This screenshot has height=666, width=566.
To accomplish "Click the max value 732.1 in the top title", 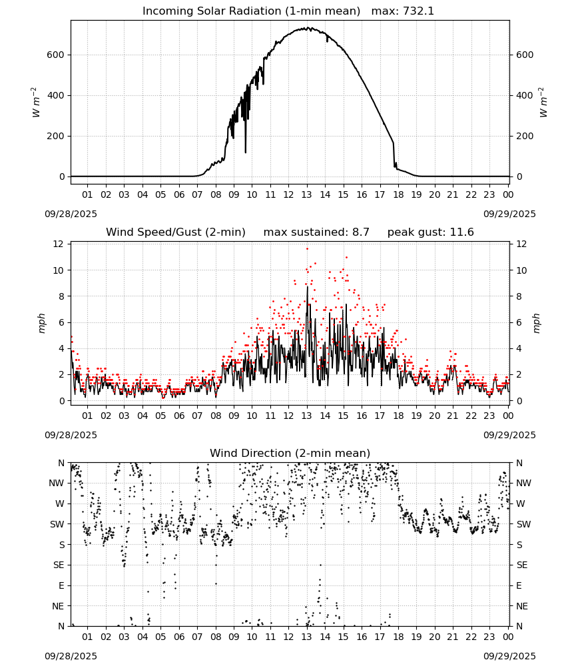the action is pos(418,11).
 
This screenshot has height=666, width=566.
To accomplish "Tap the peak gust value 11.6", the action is pos(461,232).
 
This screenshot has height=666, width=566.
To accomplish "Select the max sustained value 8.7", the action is pos(360,232).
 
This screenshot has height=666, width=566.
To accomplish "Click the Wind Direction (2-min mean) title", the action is pos(290,453).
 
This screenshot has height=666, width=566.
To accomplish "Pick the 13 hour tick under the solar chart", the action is pos(306,194).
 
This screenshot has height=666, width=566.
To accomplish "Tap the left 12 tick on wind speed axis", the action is pos(59,244).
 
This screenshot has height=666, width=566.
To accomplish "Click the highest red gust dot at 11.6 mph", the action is pos(307,249).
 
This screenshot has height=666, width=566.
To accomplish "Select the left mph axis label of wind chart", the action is pos(41,323).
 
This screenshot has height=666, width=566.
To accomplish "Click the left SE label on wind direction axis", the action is pos(59,565).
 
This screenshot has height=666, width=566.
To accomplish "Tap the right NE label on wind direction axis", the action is pos(522,606).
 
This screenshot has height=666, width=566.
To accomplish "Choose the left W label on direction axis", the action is pos(60,503).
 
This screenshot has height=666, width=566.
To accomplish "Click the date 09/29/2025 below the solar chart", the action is pos(509,214).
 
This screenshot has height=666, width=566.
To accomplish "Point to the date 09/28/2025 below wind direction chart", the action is pos(71,656).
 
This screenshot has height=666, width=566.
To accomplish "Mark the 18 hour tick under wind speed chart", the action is pos(398,416).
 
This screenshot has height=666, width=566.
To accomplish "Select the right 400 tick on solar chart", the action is pos(525,95).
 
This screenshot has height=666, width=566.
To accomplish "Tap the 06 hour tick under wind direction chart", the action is pos(178,637).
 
